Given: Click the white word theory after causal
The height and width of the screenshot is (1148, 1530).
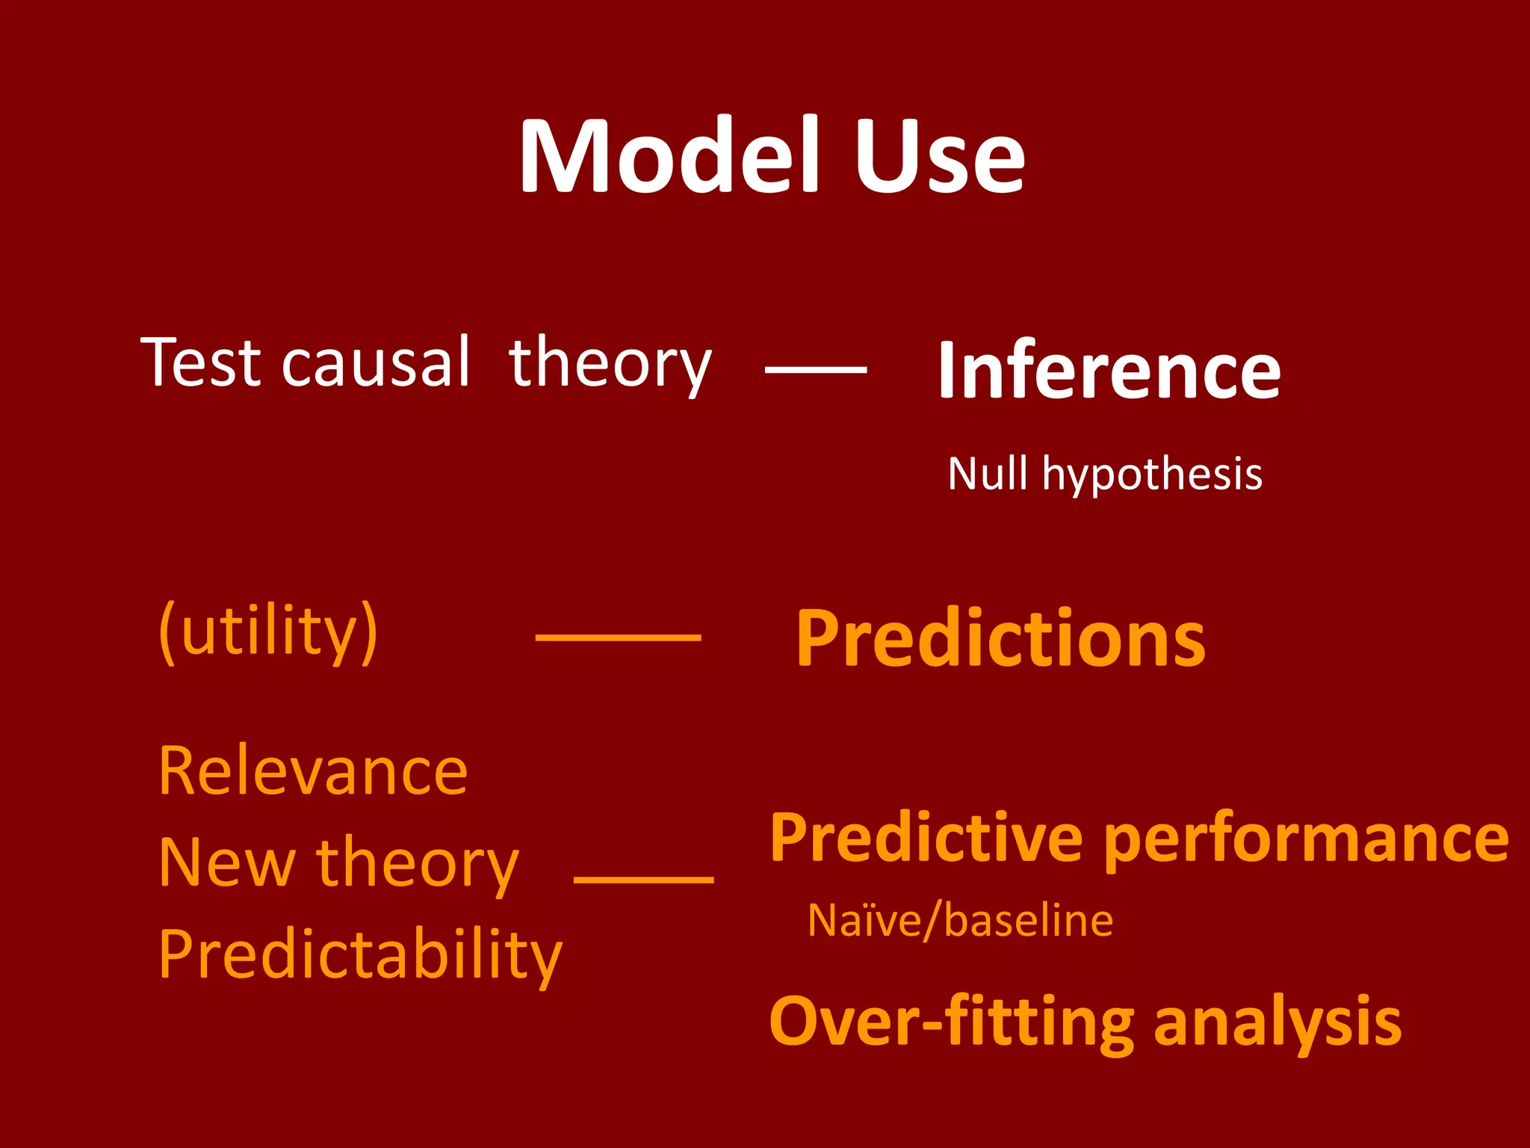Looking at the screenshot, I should coord(610,364).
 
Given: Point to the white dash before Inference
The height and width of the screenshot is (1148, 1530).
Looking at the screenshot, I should coord(816,369).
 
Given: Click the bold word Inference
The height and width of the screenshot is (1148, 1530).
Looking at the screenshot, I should coord(1109,370).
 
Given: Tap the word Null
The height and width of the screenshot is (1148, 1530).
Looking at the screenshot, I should coord(987,474).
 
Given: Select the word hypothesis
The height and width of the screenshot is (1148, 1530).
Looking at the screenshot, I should coord(1152,475).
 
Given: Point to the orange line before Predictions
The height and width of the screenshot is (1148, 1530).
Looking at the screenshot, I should coord(618,638).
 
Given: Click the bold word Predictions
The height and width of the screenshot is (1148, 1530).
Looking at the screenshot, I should coord(1000,639).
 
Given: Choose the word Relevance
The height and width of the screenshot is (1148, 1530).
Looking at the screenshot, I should coord(313,771).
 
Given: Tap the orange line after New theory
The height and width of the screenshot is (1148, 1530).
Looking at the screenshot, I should coord(643,880).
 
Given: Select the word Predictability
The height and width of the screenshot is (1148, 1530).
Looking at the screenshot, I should coord(360,955).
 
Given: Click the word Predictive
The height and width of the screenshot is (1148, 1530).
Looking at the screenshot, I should coord(926,839).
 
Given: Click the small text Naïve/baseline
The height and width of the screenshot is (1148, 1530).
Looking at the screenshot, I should coord(960,920).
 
